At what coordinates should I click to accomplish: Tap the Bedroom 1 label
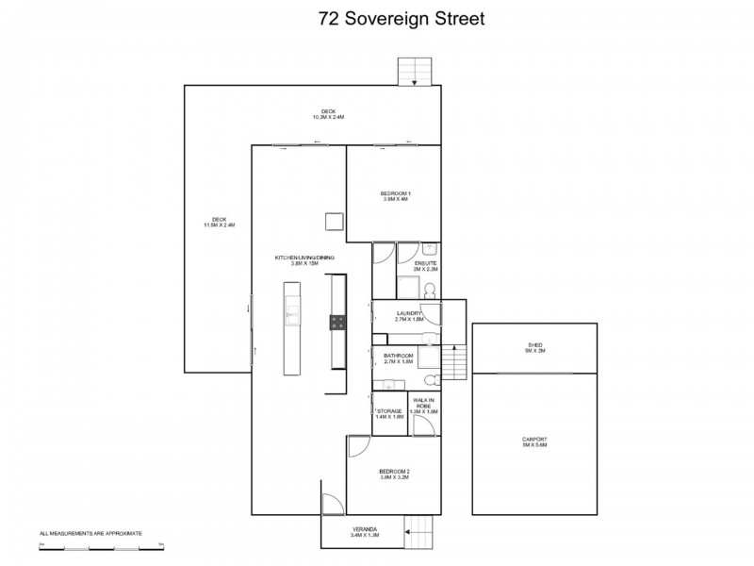click(x=396, y=196)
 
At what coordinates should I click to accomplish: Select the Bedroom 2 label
click(x=394, y=474)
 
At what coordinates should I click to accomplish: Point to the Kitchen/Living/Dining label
click(x=304, y=260)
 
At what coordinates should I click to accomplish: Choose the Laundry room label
click(x=409, y=316)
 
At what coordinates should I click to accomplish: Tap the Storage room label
click(x=389, y=414)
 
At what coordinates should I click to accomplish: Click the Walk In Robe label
click(x=426, y=407)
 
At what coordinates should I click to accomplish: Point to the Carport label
click(x=534, y=442)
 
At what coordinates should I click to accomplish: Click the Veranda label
click(x=365, y=532)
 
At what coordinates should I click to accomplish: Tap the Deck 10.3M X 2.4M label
click(x=328, y=115)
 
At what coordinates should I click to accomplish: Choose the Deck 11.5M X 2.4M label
click(x=219, y=224)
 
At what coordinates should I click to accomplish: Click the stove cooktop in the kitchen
click(x=337, y=322)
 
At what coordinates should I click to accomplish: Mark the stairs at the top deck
click(x=414, y=72)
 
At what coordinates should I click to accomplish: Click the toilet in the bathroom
click(x=430, y=380)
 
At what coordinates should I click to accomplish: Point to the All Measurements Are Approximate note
click(x=90, y=534)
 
